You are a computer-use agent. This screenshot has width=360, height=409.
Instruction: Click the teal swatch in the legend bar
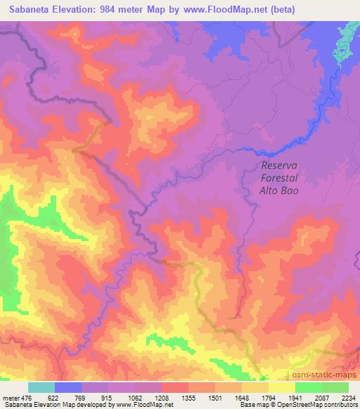[41, 388]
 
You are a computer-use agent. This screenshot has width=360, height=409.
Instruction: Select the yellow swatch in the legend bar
[282, 388]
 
